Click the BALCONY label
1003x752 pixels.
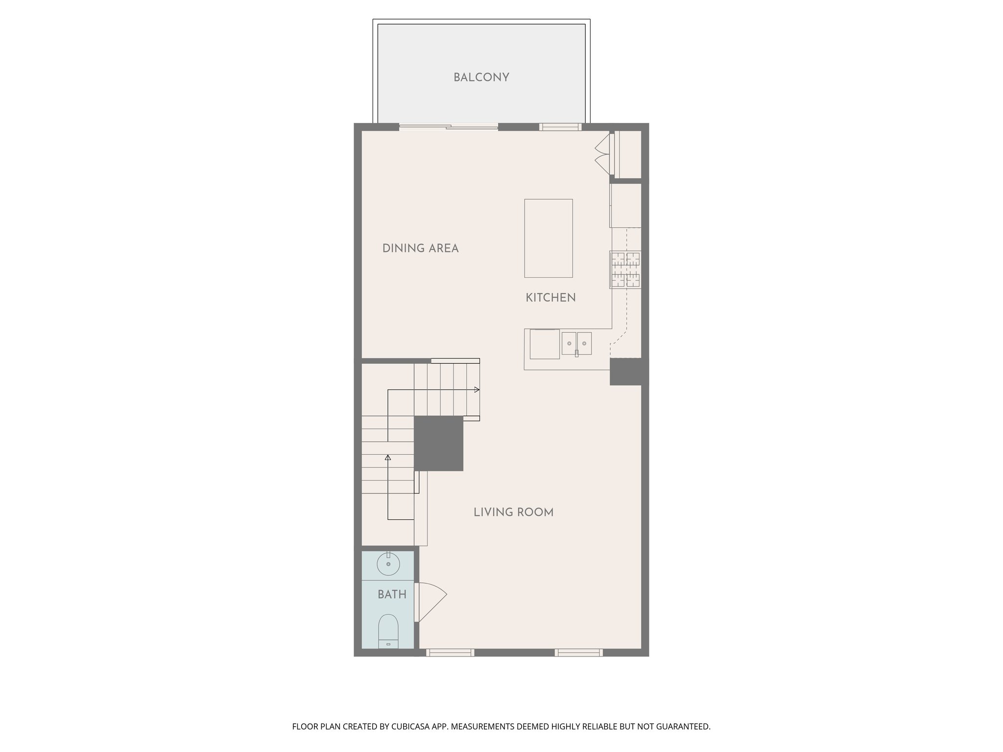pyautogui.click(x=481, y=77)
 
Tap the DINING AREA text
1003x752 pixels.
pyautogui.click(x=420, y=248)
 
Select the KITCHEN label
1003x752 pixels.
pyautogui.click(x=550, y=298)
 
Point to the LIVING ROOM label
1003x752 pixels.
pyautogui.click(x=513, y=512)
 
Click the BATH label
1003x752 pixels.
pyautogui.click(x=392, y=594)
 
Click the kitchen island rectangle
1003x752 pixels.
pyautogui.click(x=548, y=238)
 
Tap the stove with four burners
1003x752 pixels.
pyautogui.click(x=625, y=270)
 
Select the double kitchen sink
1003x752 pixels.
pyautogui.click(x=576, y=343)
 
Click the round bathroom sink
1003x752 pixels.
pyautogui.click(x=388, y=564)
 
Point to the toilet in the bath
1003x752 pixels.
pyautogui.click(x=388, y=631)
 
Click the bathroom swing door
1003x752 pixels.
pyautogui.click(x=430, y=602)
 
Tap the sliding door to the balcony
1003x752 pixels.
pyautogui.click(x=449, y=127)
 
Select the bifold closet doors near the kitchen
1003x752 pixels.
pyautogui.click(x=603, y=154)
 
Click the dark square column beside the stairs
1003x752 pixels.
pyautogui.click(x=439, y=444)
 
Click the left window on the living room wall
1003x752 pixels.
pyautogui.click(x=450, y=652)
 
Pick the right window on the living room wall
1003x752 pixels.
pyautogui.click(x=578, y=652)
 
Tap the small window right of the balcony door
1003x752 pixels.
pyautogui.click(x=560, y=127)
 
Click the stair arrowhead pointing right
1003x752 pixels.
pyautogui.click(x=477, y=390)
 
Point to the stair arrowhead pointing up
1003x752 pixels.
pyautogui.click(x=388, y=458)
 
